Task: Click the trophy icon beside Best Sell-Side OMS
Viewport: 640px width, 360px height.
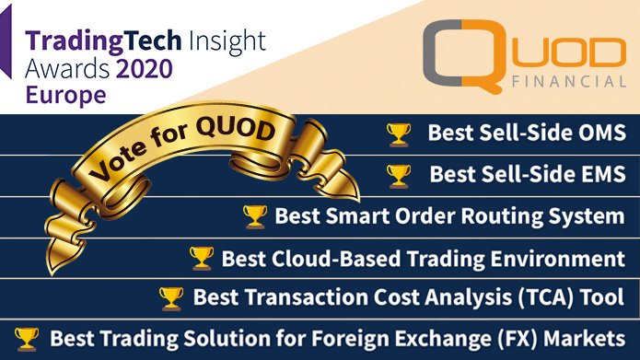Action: coord(399,134)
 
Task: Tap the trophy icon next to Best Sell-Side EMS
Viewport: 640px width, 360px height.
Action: coord(399,175)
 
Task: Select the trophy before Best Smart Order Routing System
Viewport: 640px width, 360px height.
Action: coord(254,216)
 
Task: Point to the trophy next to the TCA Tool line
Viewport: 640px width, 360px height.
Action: coord(172,297)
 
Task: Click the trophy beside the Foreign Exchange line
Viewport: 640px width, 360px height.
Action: coord(29,337)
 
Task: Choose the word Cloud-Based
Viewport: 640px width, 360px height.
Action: coord(323,258)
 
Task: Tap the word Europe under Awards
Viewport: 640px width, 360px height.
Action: coord(65,95)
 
